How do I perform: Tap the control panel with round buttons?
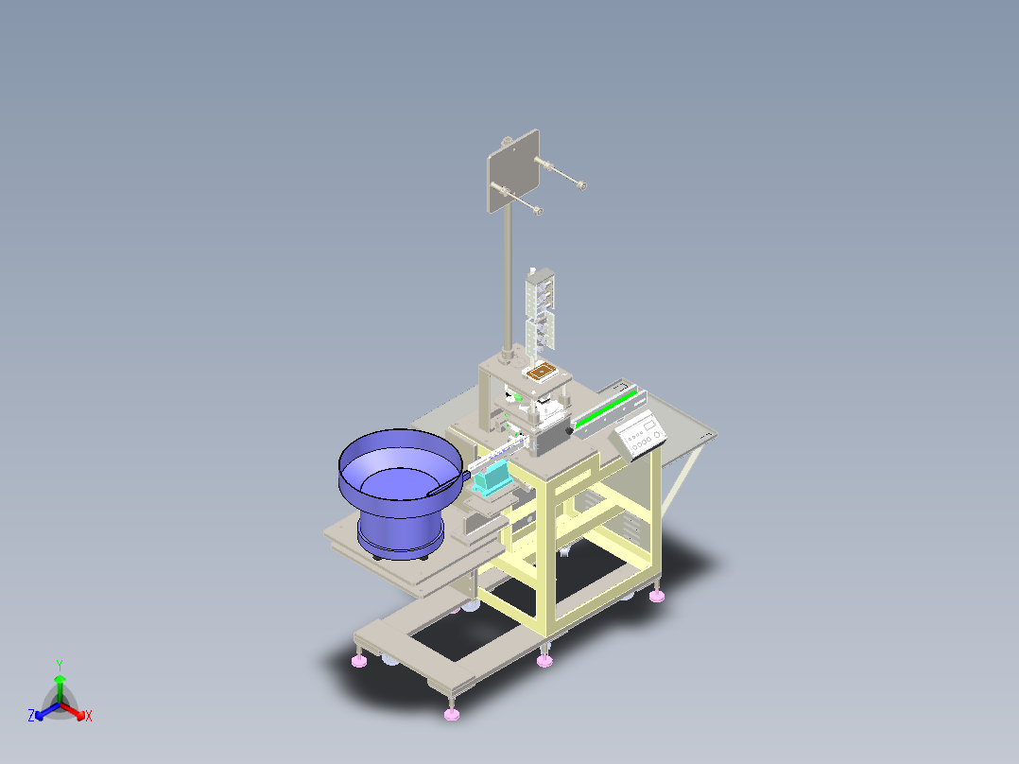pos(642,436)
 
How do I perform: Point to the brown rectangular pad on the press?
pos(540,372)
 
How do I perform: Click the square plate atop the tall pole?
pos(512,170)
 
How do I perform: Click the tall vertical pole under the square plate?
pos(508,284)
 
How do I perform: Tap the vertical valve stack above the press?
pos(541,307)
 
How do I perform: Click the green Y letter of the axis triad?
pos(59,665)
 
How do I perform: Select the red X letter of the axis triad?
pos(89,717)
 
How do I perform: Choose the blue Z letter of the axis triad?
pos(31,717)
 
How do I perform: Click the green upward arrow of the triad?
pos(60,685)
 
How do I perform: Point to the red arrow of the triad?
pos(76,710)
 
